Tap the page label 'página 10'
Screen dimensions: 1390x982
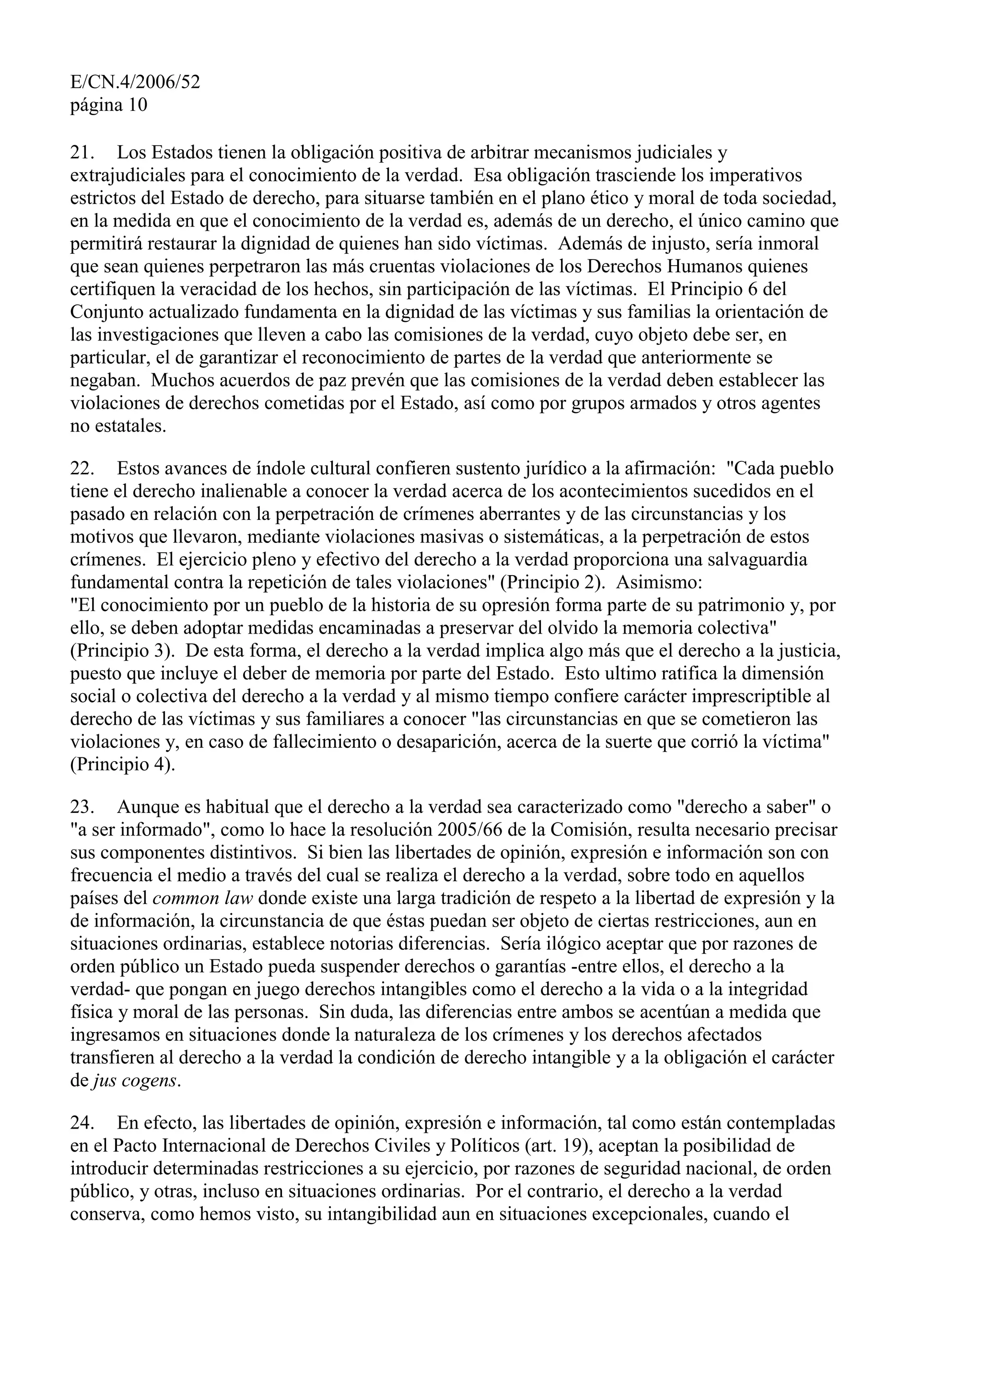[109, 106]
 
